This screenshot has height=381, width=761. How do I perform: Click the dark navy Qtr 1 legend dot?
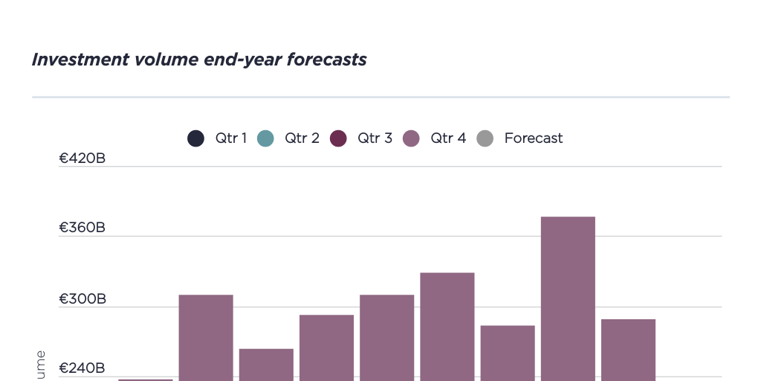195,138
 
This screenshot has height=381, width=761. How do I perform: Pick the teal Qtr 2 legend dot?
265,138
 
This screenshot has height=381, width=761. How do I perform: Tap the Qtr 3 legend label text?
375,138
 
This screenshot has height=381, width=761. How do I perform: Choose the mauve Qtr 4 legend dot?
411,138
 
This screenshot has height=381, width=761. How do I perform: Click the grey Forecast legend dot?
485,138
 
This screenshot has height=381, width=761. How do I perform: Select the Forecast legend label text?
533,138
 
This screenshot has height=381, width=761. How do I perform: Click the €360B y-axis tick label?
82,228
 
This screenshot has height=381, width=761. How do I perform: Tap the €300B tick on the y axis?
82,299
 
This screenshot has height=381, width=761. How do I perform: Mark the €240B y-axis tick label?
82,368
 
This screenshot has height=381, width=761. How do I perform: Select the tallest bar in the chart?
568,298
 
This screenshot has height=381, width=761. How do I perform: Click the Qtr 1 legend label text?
230,138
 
